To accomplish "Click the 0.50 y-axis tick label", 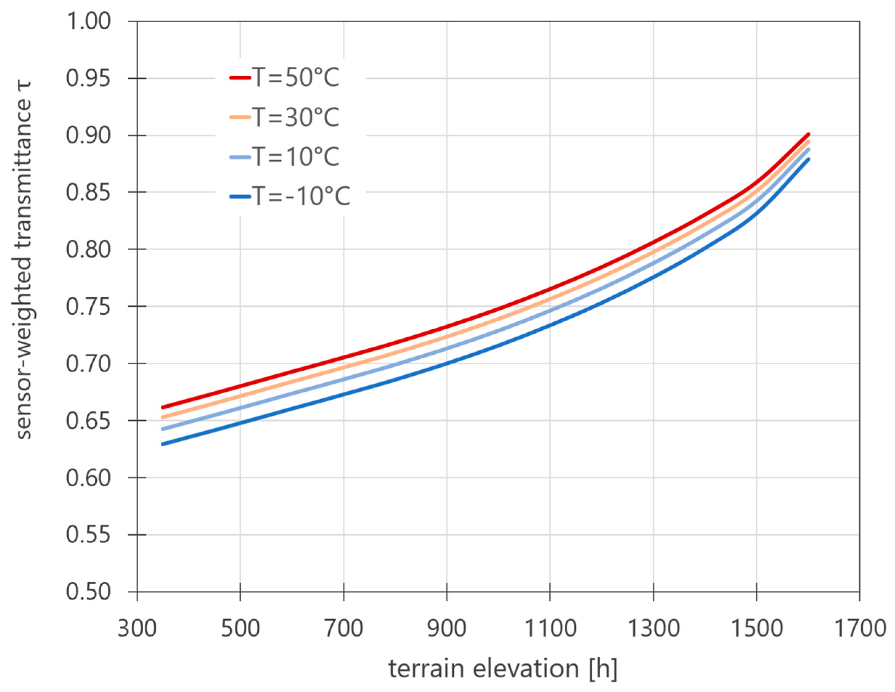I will (88, 592).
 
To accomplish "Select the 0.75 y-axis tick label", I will (88, 306).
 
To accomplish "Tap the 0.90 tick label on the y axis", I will (88, 135).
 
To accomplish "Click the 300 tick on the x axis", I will (137, 628).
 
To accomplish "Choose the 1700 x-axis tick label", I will (860, 628).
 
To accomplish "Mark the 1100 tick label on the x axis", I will (550, 628).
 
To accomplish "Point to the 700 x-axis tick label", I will (344, 628).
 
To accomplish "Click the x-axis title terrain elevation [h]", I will (502, 669).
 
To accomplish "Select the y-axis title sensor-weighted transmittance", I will (23, 260).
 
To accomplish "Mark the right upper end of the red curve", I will (808, 135).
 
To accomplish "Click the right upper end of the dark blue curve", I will (808, 159).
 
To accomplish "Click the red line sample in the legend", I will (240, 78).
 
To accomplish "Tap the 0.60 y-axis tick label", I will (88, 478).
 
